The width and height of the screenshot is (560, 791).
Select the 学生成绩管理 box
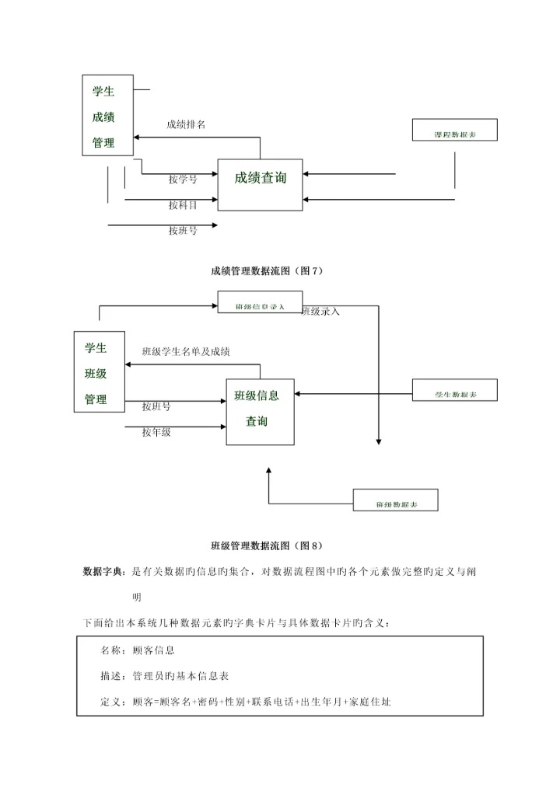(x=107, y=115)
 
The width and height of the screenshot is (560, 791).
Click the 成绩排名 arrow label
(x=186, y=125)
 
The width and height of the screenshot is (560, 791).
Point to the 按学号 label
(x=183, y=179)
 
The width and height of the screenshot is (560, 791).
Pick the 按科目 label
(x=183, y=205)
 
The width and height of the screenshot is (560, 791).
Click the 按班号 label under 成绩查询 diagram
(x=183, y=231)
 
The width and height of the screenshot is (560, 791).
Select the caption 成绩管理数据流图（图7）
(x=266, y=270)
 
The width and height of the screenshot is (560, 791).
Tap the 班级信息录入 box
(x=260, y=304)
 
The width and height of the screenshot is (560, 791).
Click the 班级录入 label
(x=320, y=312)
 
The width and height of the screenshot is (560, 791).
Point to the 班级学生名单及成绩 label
(x=186, y=352)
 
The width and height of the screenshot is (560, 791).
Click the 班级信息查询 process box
(x=260, y=411)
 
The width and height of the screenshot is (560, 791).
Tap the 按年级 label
(x=156, y=432)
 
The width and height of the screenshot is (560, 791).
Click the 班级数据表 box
(x=395, y=500)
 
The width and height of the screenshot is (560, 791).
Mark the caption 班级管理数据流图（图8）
(x=266, y=545)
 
